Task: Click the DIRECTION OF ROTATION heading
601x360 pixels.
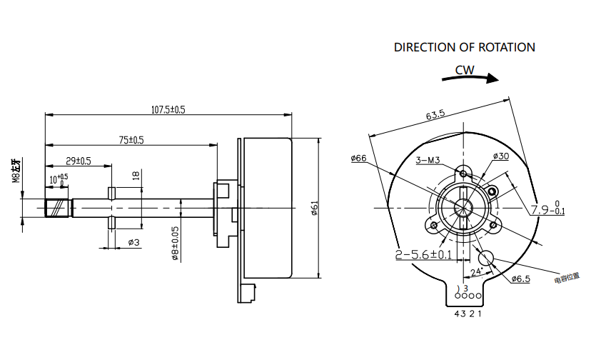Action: tap(465, 47)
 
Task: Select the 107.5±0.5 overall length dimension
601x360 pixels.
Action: tap(168, 109)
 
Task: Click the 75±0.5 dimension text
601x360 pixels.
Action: tap(131, 140)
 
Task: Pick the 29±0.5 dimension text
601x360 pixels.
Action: tap(79, 161)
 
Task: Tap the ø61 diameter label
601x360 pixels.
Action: tap(314, 208)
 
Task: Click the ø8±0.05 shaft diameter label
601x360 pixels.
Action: tap(174, 244)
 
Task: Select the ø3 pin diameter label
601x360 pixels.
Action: tap(133, 242)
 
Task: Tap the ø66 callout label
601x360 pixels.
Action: tap(358, 158)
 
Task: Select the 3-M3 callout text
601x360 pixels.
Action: tap(427, 160)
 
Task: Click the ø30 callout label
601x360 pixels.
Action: tap(500, 156)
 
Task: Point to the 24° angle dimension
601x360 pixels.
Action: tap(476, 271)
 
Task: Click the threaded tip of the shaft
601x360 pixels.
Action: tap(59, 209)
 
